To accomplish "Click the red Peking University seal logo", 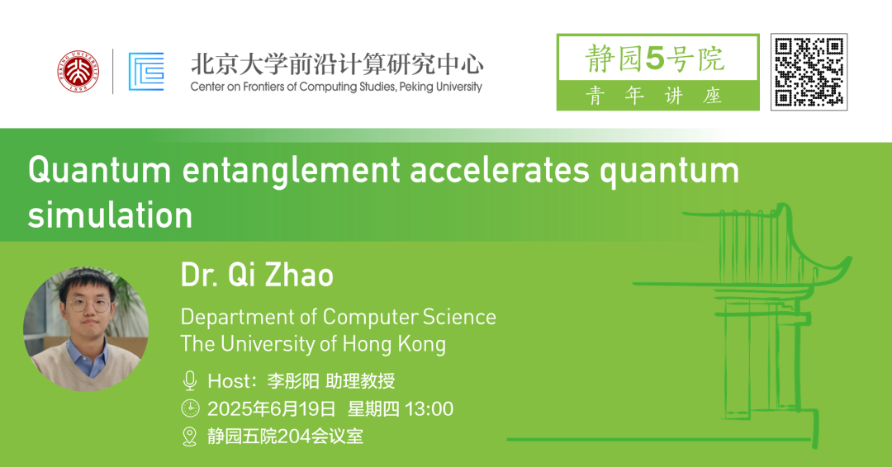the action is [x=78, y=72].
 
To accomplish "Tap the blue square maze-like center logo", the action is [x=146, y=72].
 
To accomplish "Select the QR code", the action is [x=809, y=72].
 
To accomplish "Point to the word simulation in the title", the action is [x=111, y=215].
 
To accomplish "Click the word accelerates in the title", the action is [x=500, y=171].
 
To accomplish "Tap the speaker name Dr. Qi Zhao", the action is [x=257, y=275].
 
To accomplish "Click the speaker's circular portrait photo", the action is [x=86, y=329].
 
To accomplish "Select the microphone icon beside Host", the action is [x=190, y=380].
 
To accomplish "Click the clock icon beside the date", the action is [x=190, y=408].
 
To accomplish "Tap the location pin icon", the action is [x=189, y=436].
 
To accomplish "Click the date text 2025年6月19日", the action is [x=272, y=408].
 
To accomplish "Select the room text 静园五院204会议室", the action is [x=285, y=436].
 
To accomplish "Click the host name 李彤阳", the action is [x=293, y=380].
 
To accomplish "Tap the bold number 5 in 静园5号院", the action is [x=655, y=59].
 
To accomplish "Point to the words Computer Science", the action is [x=410, y=317].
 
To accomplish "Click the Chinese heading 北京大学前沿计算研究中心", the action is [x=337, y=64].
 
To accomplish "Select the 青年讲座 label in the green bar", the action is [x=653, y=96].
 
